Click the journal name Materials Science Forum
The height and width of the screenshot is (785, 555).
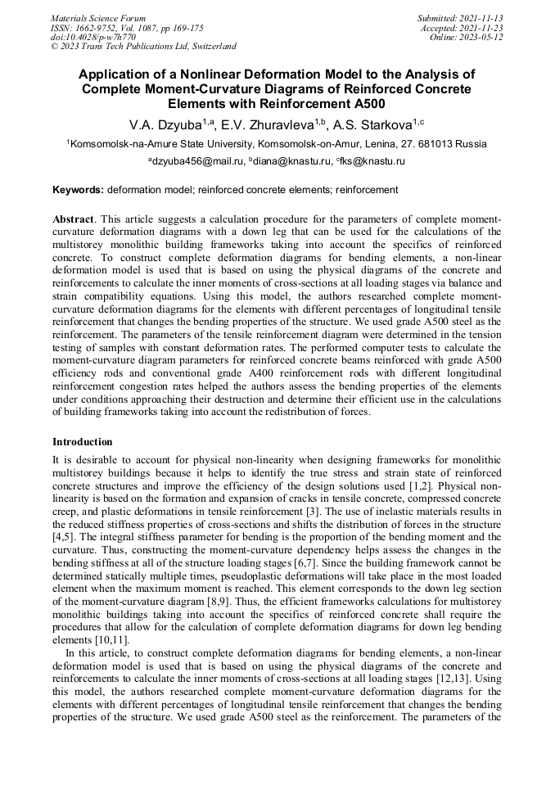click(98, 18)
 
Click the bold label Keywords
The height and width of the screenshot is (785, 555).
click(78, 190)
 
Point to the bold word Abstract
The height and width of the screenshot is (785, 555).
click(74, 220)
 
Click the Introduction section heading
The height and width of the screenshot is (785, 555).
click(83, 442)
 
